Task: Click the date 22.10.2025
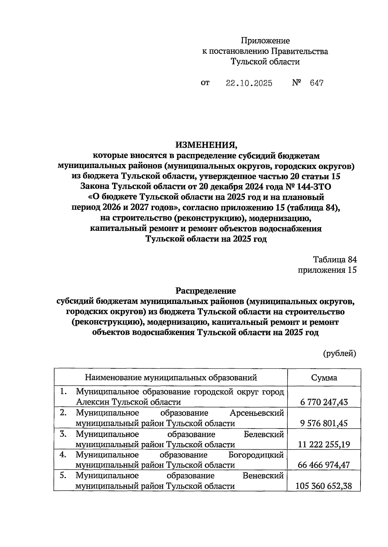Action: pyautogui.click(x=249, y=83)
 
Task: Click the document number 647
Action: pyautogui.click(x=316, y=83)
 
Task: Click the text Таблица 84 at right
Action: pyautogui.click(x=335, y=260)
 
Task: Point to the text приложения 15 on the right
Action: pyautogui.click(x=327, y=270)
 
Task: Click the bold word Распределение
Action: pyautogui.click(x=206, y=291)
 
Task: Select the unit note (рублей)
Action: pyautogui.click(x=340, y=353)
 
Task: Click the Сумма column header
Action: pyautogui.click(x=324, y=377)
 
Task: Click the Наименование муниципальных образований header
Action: pyautogui.click(x=171, y=377)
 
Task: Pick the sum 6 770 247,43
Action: pyautogui.click(x=324, y=402)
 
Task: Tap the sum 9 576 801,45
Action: pyautogui.click(x=324, y=423)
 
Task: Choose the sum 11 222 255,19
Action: pyautogui.click(x=324, y=444)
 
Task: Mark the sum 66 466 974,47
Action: pyautogui.click(x=324, y=465)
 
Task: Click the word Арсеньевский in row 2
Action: pyautogui.click(x=257, y=413)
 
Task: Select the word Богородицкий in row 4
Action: pyautogui.click(x=256, y=455)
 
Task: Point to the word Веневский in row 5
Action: pyautogui.click(x=263, y=476)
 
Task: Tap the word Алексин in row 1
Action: pyautogui.click(x=90, y=402)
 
